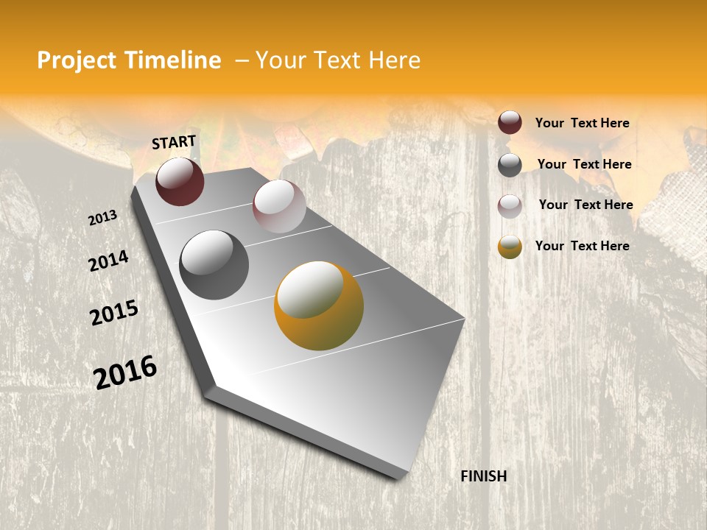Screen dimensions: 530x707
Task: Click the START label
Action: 174,142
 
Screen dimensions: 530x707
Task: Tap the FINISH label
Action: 483,476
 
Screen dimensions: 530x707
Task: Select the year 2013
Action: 103,218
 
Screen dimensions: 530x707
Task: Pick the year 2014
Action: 108,261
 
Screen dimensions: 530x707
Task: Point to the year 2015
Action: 114,313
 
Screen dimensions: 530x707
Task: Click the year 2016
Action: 125,372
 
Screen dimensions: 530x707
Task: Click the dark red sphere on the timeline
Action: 180,182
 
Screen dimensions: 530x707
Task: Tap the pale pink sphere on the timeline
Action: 279,206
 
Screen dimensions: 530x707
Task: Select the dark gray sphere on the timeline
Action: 214,265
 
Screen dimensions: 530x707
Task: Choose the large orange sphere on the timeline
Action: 319,305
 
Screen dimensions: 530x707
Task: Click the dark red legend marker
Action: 510,123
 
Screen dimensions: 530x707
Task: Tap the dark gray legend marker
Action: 510,165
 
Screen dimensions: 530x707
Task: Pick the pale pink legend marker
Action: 510,205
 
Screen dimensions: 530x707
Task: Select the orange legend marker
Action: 510,247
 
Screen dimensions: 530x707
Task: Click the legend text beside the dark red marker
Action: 582,123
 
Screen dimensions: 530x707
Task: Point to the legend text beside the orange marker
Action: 582,246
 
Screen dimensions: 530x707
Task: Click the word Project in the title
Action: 77,60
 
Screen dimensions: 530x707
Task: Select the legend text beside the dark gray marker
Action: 584,164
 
